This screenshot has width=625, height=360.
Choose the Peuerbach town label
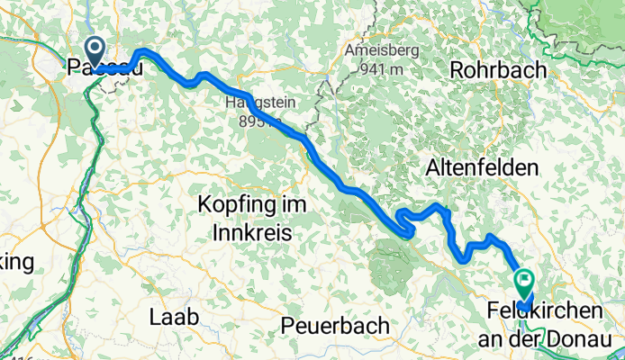click(335, 324)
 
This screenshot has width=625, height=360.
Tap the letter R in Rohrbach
click(457, 69)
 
